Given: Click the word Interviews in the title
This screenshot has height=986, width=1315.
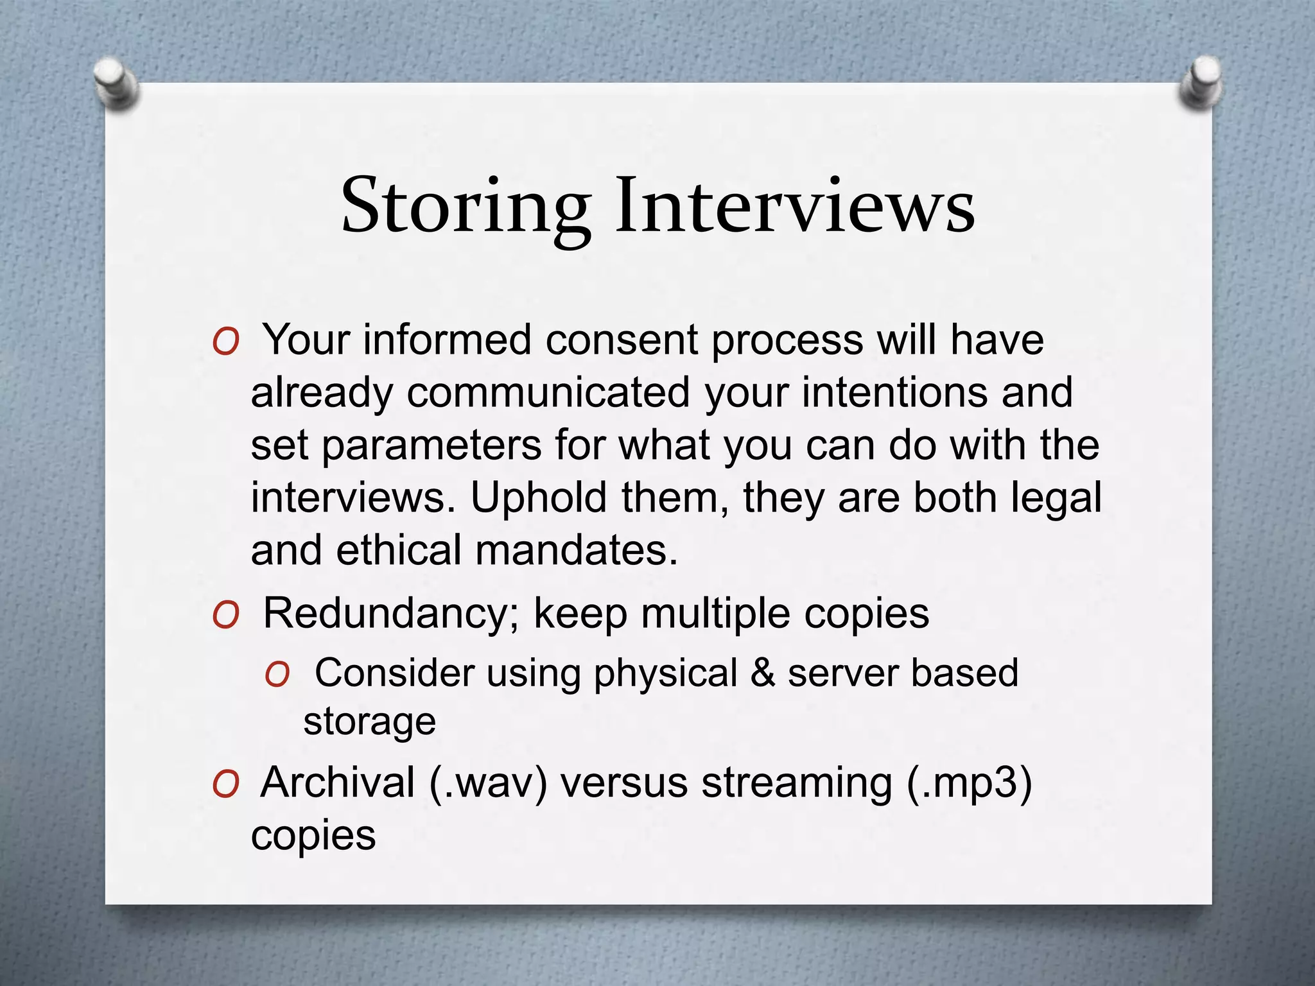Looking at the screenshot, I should coord(795,205).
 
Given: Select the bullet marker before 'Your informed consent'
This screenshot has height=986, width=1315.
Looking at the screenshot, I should coord(226,342).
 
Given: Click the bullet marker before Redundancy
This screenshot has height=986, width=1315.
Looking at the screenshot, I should coord(226,616).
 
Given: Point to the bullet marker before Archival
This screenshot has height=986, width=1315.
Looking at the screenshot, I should coord(226,784).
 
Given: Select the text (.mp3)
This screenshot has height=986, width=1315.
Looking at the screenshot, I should coord(970,784).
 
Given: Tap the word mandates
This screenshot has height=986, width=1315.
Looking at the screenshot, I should coord(576,551).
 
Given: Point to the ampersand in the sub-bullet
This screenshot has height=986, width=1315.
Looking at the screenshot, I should coord(762,673).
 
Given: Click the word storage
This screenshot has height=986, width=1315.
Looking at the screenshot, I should coord(369,722).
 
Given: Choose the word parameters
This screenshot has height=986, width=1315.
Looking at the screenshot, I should coord(431,445).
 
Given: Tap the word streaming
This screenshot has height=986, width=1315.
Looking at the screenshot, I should coord(796,784).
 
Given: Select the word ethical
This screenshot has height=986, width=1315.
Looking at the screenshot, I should coord(398,551).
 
